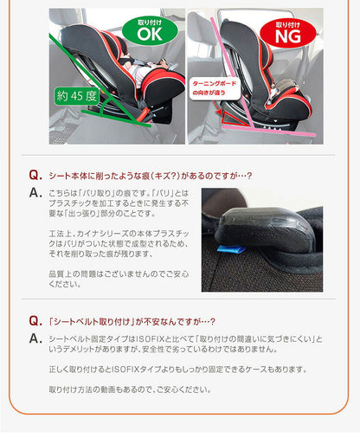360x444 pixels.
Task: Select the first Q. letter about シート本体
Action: point(35,174)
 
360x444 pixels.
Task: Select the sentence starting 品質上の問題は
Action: point(118,276)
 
